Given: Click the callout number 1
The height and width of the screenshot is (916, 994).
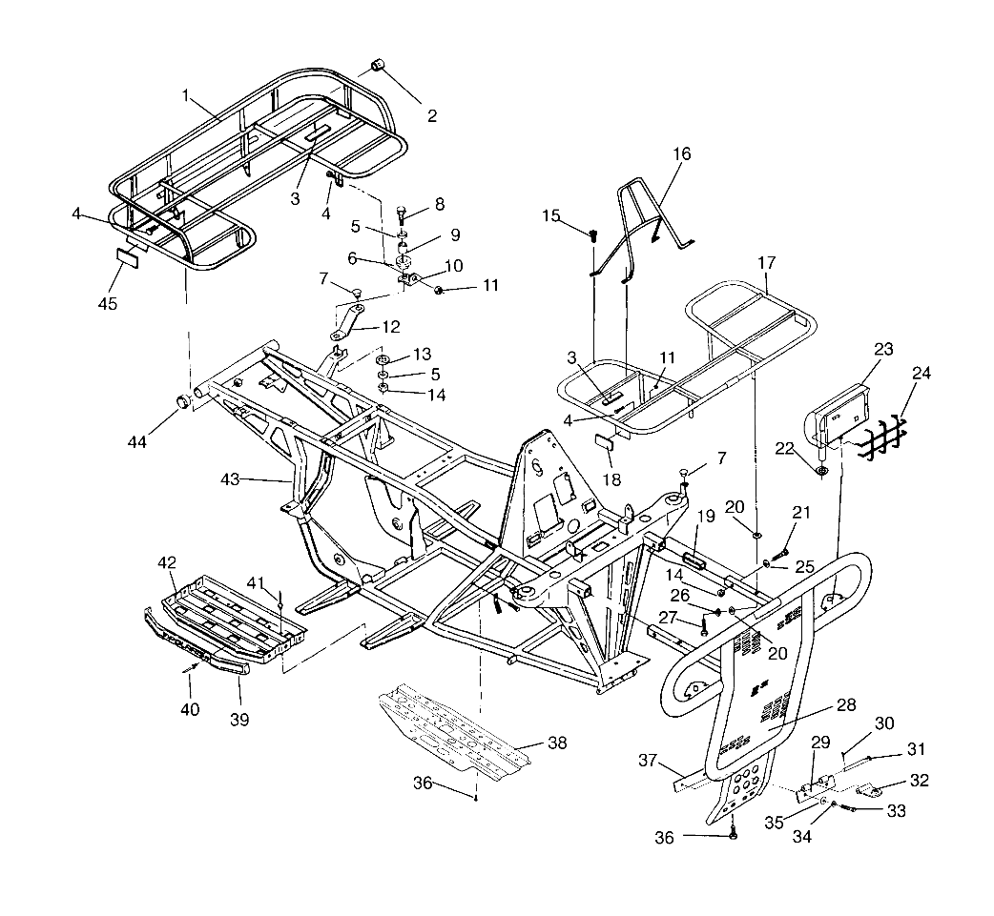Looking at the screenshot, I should tap(187, 96).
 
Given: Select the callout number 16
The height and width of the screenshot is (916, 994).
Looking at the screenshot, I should tap(681, 153).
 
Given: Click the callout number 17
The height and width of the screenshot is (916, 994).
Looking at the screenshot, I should tap(768, 261).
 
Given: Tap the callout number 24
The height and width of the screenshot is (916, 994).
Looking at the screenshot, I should tap(921, 375).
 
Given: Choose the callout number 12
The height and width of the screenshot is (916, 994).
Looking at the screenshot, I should tap(390, 327).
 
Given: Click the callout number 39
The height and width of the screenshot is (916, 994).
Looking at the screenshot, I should tap(239, 720).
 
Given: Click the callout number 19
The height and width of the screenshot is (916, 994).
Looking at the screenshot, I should tap(705, 516).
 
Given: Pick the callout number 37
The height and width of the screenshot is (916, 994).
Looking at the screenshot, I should tap(650, 761).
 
